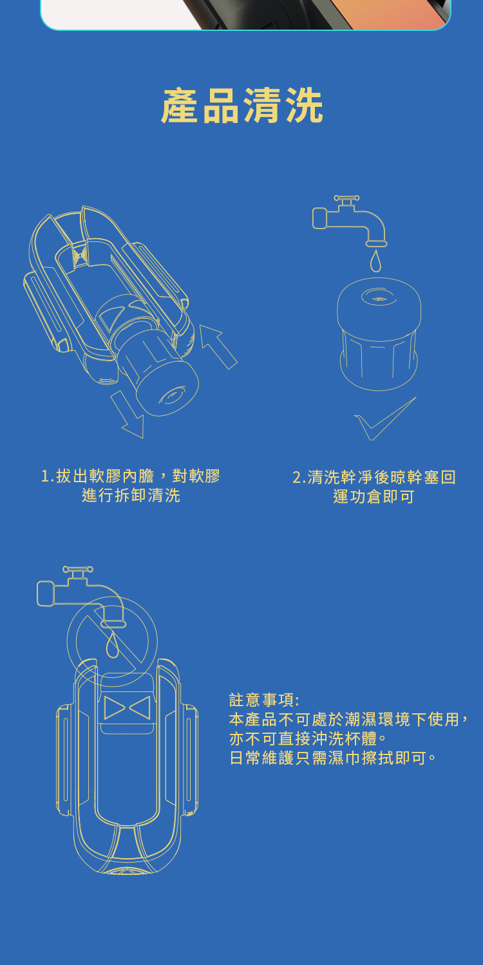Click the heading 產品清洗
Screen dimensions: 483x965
tap(241, 106)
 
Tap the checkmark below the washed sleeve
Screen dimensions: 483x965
tap(384, 418)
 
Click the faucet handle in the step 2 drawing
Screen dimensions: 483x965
tap(346, 198)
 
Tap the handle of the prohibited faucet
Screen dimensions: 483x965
tap(77, 570)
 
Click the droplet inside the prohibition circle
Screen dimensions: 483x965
tap(113, 645)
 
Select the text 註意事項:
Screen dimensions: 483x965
tap(263, 700)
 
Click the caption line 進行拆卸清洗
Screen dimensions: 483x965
tap(131, 496)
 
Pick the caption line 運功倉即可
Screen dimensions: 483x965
tap(374, 497)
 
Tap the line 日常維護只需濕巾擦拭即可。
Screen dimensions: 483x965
tap(333, 758)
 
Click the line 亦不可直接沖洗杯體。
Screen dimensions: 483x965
tap(308, 738)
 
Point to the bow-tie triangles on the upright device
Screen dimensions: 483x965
tap(127, 707)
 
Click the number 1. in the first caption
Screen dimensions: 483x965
tap(48, 476)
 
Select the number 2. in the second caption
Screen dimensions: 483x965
tap(299, 478)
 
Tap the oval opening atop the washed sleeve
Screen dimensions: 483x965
tap(379, 297)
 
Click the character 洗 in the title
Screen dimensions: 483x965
tap(304, 106)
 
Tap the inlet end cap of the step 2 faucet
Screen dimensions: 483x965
tap(319, 218)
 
